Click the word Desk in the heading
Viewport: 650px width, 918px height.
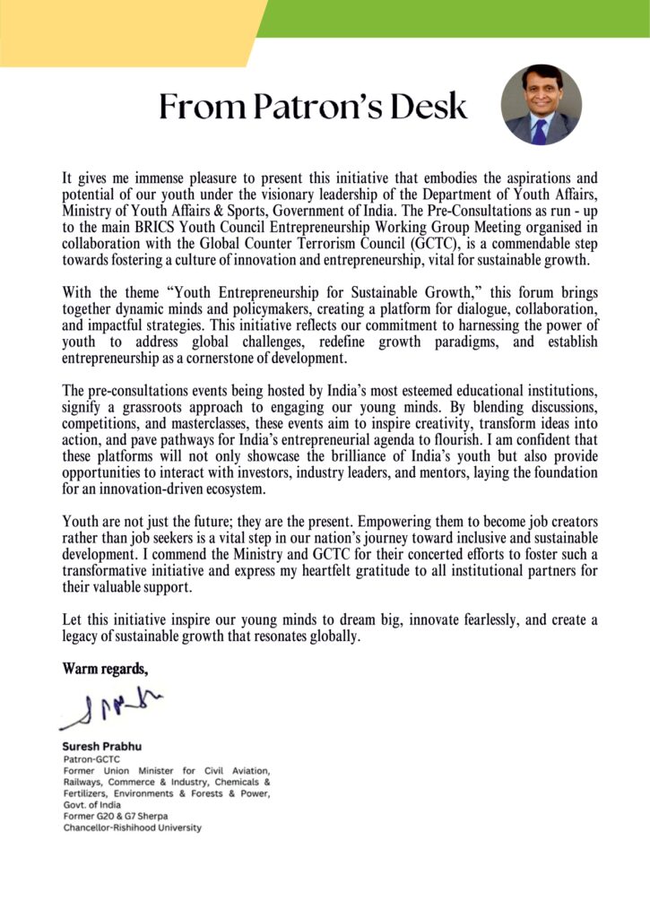pos(427,107)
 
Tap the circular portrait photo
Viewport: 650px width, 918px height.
pos(541,105)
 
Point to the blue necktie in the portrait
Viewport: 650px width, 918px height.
pos(540,131)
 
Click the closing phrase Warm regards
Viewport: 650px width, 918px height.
pos(105,668)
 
